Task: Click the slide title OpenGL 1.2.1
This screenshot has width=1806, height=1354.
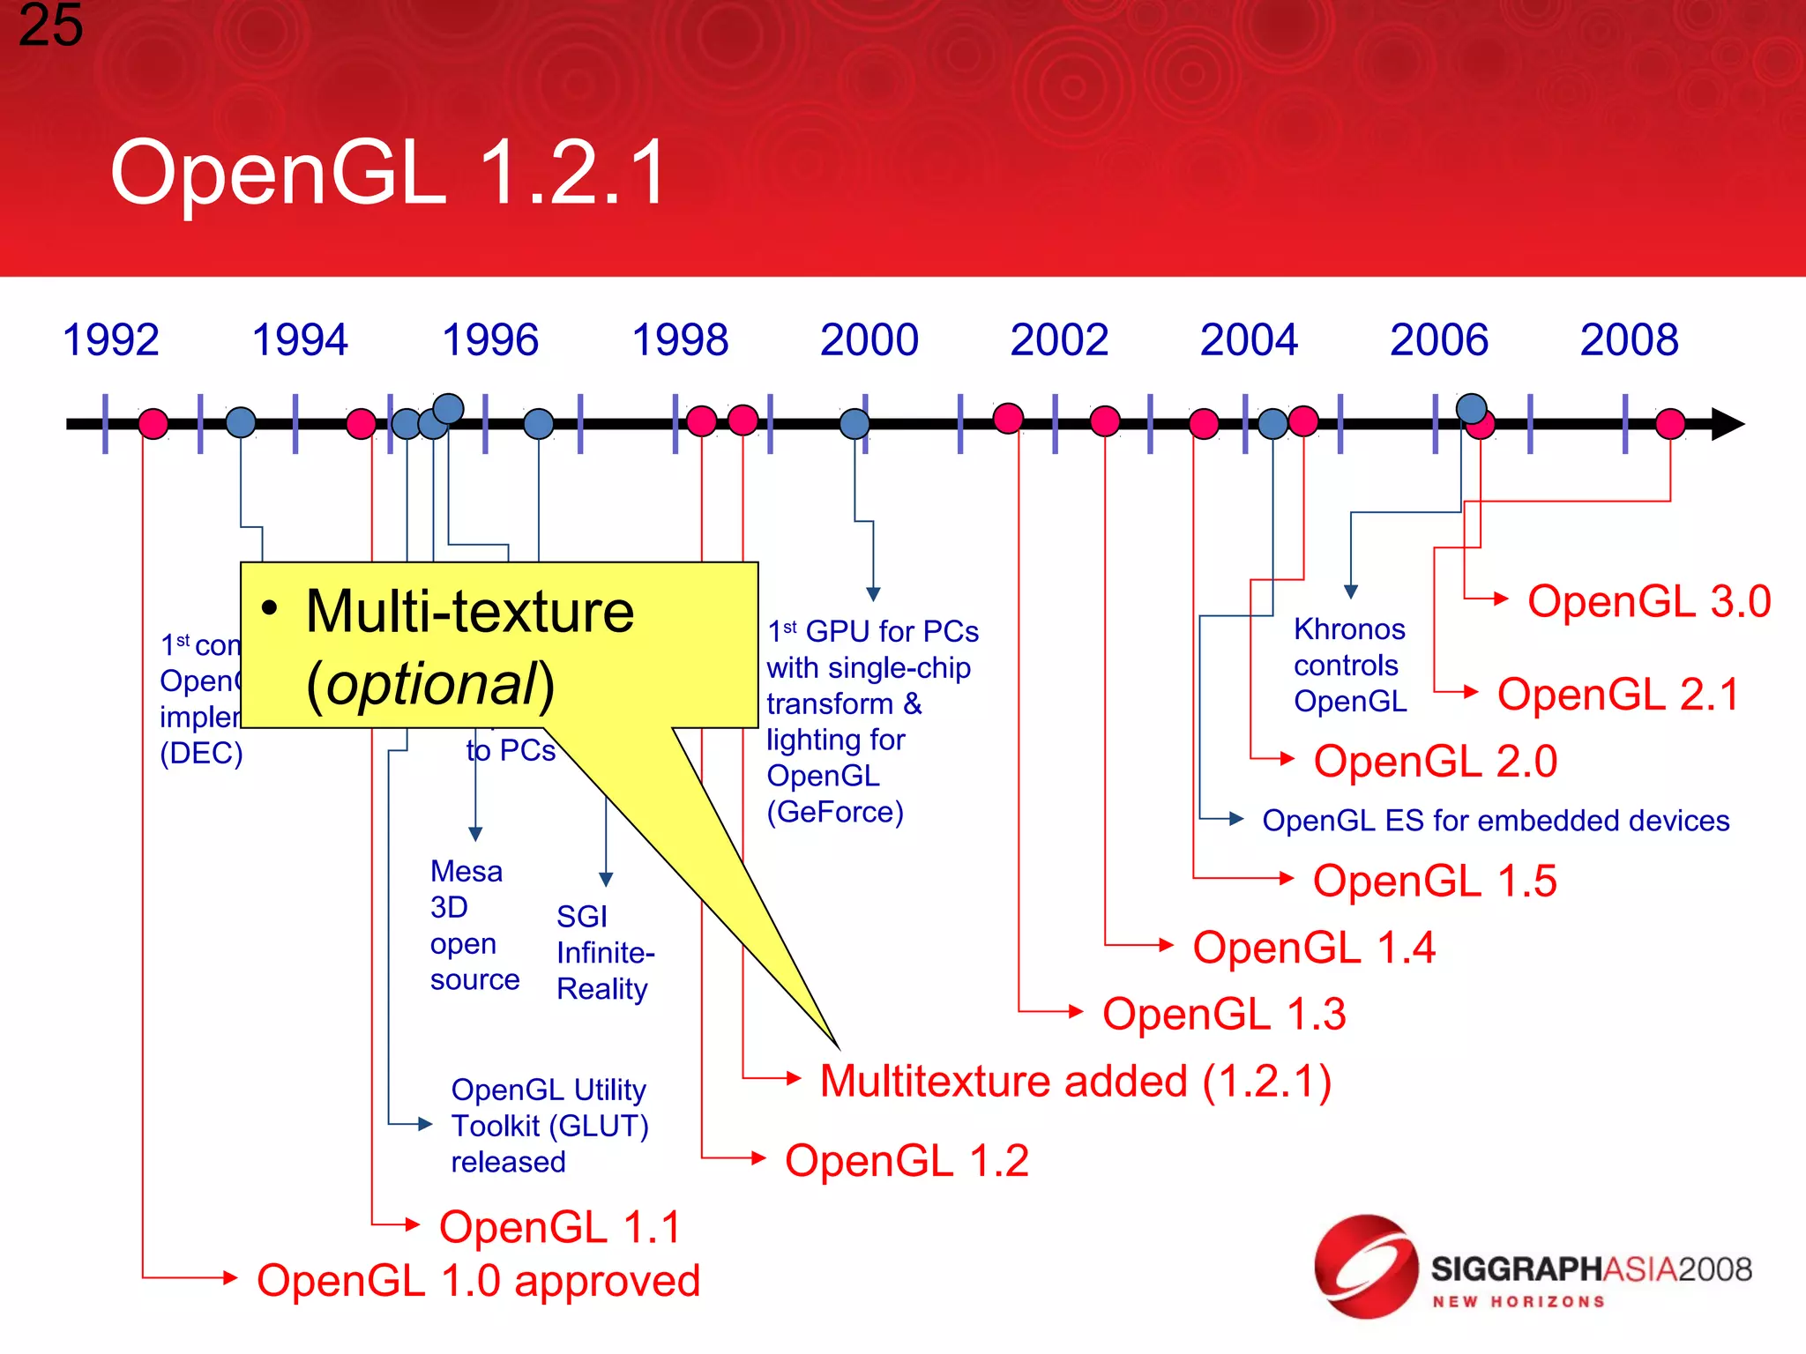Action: click(x=388, y=173)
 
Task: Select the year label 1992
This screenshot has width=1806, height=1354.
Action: click(x=111, y=340)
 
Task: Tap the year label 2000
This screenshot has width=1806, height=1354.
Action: click(x=869, y=340)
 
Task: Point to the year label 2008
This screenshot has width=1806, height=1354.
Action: click(x=1629, y=340)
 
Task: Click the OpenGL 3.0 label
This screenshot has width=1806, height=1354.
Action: click(x=1648, y=602)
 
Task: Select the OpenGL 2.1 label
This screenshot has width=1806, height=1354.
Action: click(x=1617, y=695)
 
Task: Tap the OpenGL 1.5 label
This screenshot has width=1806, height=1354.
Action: click(x=1434, y=882)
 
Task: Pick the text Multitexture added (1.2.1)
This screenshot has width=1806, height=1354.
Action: click(x=1075, y=1082)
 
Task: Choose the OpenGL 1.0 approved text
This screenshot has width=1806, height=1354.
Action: click(x=478, y=1281)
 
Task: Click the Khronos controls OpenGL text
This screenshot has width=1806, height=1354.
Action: click(x=1349, y=666)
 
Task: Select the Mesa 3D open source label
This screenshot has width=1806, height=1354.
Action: click(x=473, y=926)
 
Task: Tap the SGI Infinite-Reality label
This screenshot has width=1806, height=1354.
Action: click(x=604, y=953)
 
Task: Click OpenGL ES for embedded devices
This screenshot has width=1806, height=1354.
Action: click(x=1495, y=821)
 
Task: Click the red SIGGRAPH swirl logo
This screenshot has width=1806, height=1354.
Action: click(x=1364, y=1266)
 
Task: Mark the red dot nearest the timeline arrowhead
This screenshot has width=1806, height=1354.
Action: click(x=1670, y=424)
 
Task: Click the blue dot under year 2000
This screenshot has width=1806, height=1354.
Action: click(x=854, y=424)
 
